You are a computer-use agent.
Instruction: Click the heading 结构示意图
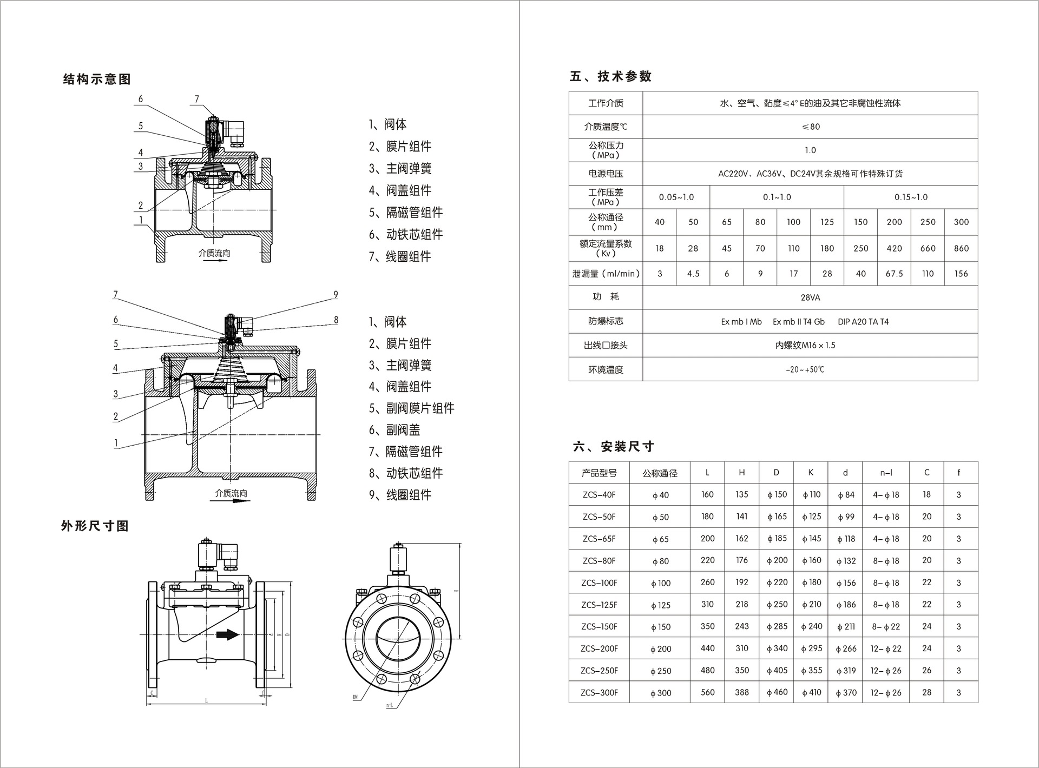(97, 80)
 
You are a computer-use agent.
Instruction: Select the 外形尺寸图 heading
(95, 526)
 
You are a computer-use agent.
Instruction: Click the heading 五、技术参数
(610, 77)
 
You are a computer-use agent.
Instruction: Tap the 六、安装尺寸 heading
(614, 447)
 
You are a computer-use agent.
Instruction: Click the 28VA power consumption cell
(810, 297)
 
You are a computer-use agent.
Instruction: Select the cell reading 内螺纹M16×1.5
(805, 345)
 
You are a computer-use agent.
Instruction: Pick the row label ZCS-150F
(599, 627)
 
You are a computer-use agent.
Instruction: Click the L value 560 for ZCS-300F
(707, 692)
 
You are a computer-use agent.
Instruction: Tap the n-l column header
(886, 473)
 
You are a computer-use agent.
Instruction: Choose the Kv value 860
(961, 248)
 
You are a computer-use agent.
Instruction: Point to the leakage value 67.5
(894, 274)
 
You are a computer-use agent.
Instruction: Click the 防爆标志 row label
(606, 321)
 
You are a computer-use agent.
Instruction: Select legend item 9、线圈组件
(400, 495)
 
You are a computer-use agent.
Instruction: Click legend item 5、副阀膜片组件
(411, 408)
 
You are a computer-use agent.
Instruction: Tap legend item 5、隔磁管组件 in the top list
(406, 213)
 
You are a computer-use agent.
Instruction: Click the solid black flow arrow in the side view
(227, 634)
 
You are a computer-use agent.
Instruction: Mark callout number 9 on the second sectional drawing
(336, 295)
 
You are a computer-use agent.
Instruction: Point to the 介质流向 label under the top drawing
(214, 253)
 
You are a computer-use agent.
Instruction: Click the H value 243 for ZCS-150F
(741, 626)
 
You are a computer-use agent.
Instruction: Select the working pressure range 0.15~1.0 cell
(911, 197)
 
